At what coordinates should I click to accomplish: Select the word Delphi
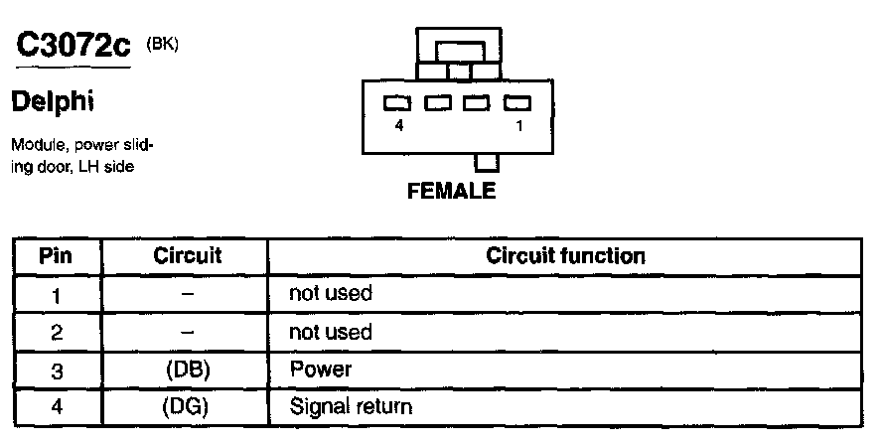click(52, 102)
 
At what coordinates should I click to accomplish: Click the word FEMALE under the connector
click(451, 192)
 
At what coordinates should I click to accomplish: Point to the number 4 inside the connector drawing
click(398, 126)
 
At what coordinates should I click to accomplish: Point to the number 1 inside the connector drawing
click(518, 126)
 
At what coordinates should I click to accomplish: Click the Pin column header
click(56, 256)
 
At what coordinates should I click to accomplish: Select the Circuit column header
click(187, 256)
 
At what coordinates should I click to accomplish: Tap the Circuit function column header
click(565, 256)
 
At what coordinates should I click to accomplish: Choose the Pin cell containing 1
click(56, 294)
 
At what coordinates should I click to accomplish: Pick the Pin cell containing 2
click(56, 332)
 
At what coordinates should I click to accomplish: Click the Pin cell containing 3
click(56, 370)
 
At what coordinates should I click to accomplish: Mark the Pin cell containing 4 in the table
click(56, 406)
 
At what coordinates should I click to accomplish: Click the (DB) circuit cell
click(187, 370)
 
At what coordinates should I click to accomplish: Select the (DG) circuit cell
click(187, 406)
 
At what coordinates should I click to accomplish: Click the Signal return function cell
click(351, 406)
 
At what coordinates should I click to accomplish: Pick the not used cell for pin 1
click(330, 294)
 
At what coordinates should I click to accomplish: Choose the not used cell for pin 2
click(330, 332)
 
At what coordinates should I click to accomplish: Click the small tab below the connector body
click(487, 163)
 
